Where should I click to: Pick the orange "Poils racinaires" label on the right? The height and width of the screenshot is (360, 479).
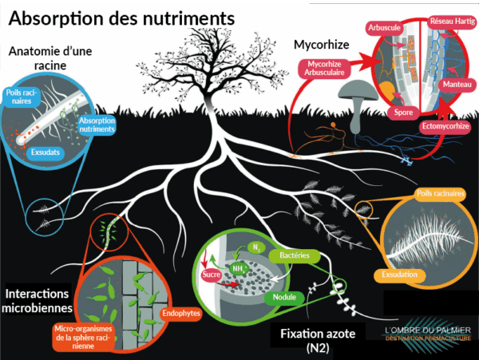coord(440,194)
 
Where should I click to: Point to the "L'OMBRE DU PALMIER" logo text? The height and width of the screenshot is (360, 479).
coord(427,330)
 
